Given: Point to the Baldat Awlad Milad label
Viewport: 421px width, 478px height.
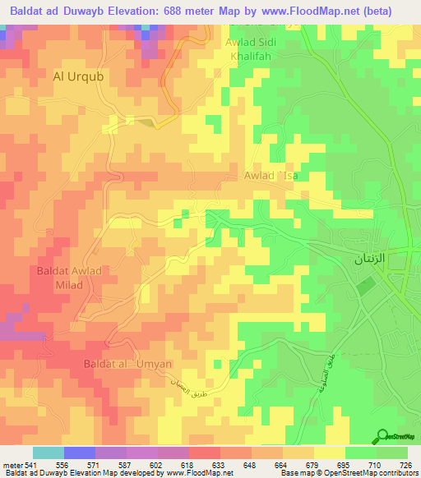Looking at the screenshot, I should [x=69, y=277].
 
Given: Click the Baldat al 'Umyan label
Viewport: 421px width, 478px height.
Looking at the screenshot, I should [x=127, y=363].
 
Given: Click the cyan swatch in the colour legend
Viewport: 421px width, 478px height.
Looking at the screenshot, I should [x=49, y=453].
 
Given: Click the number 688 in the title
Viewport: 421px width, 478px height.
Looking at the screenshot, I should [x=187, y=11].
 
